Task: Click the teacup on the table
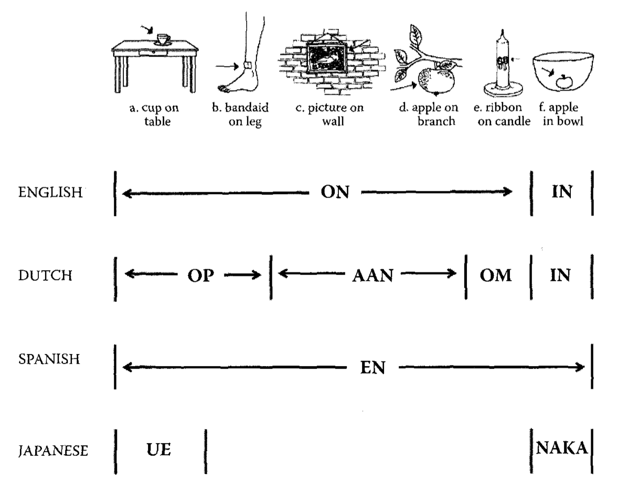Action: click(163, 40)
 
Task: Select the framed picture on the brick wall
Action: click(326, 58)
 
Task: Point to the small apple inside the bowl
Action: click(565, 81)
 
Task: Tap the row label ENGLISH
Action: click(50, 192)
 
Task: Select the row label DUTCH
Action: click(45, 275)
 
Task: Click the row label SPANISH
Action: click(49, 359)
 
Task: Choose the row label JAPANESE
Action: click(53, 451)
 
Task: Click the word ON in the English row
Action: click(335, 192)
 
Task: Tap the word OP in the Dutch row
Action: click(200, 275)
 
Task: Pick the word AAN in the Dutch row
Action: click(373, 275)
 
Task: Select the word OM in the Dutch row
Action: click(496, 275)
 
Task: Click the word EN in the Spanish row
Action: click(373, 368)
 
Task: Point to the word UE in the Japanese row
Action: click(158, 449)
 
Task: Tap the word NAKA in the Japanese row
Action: click(561, 448)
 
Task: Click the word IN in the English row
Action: click(562, 191)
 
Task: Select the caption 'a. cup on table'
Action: click(154, 114)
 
